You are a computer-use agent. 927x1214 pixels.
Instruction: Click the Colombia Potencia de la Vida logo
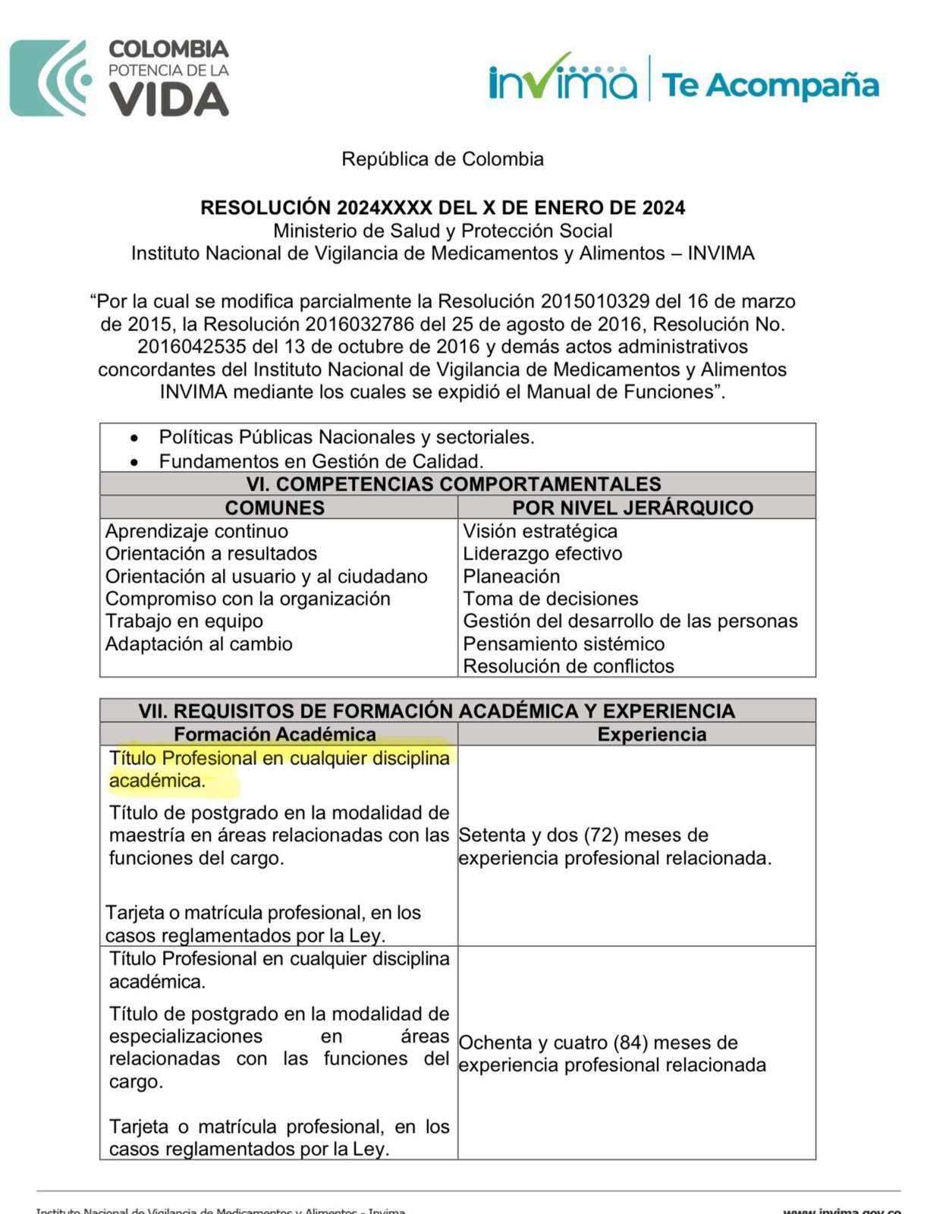(120, 78)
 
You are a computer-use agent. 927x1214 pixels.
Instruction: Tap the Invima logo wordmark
(563, 78)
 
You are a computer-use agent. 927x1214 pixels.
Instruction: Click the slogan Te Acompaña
(770, 85)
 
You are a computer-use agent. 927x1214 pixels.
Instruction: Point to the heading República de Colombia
(442, 159)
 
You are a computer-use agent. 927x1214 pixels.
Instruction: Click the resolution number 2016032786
(360, 325)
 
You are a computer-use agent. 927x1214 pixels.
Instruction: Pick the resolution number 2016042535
(192, 347)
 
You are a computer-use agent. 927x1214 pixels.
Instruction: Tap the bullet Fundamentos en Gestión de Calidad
(321, 461)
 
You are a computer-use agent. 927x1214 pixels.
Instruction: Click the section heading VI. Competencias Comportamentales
(453, 484)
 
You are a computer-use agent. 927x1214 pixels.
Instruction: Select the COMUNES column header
(275, 508)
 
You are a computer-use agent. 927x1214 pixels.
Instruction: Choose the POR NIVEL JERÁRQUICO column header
(632, 508)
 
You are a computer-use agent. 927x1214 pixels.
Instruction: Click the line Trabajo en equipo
(184, 621)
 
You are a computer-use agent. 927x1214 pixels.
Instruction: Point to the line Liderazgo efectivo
(542, 554)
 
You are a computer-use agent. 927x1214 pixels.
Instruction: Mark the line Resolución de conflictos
(568, 666)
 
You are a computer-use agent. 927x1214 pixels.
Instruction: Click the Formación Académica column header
(275, 734)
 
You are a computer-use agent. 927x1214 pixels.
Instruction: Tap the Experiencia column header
(652, 734)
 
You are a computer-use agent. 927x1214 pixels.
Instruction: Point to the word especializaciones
(186, 1036)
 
